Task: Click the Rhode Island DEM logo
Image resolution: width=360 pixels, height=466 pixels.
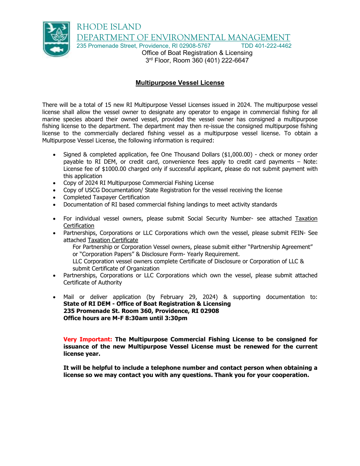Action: tap(56, 39)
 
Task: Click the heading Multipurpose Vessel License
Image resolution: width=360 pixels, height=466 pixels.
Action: tap(180, 83)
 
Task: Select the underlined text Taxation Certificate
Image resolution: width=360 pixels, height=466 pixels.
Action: tap(113, 240)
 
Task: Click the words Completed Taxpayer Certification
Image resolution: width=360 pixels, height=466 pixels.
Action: tap(106, 197)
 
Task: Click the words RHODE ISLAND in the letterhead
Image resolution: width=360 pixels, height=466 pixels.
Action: tap(109, 27)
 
